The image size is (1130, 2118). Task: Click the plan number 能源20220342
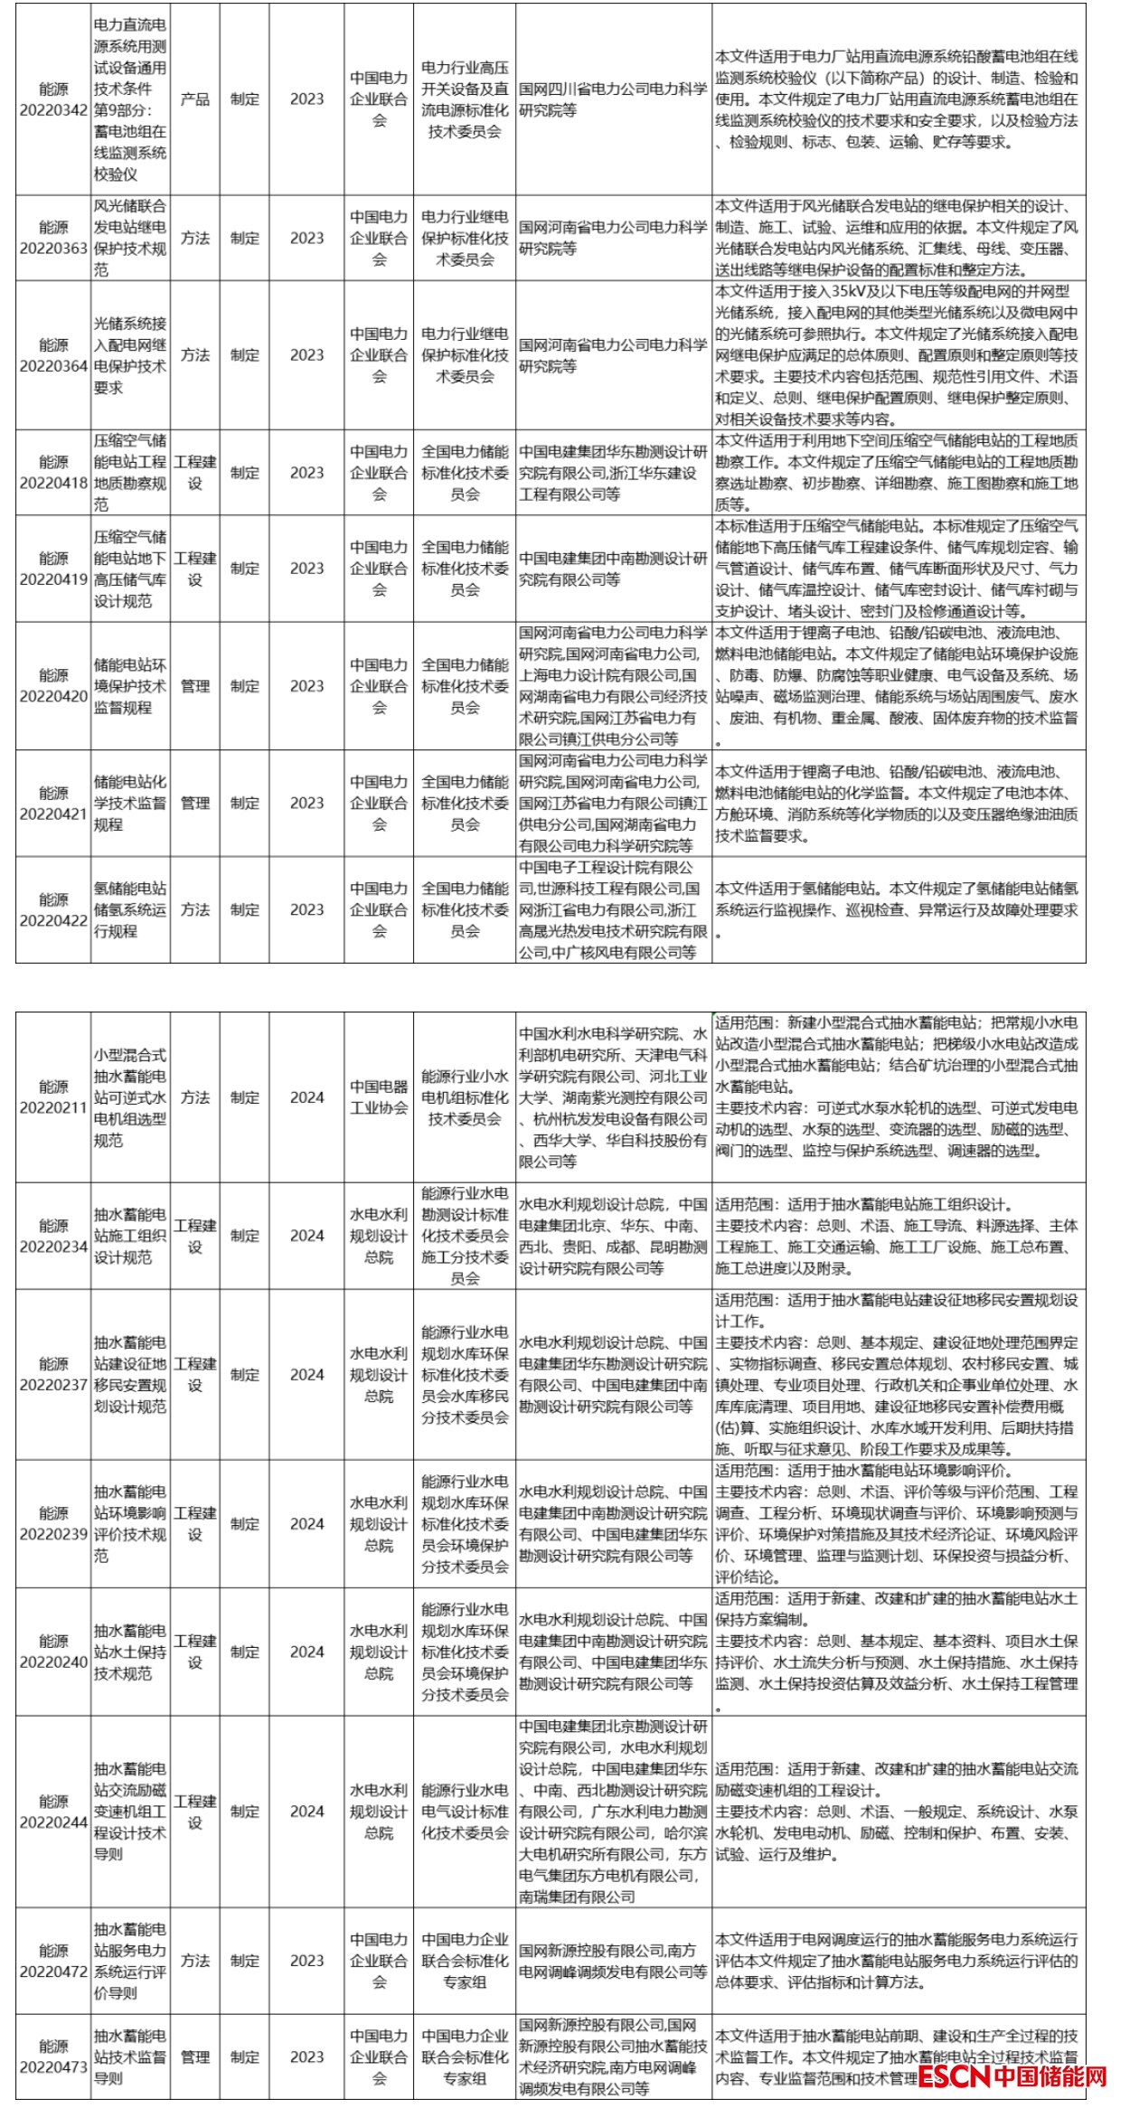(53, 99)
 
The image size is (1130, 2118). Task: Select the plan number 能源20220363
(53, 238)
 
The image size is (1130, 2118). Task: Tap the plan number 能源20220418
(53, 472)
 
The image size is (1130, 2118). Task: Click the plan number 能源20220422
(53, 909)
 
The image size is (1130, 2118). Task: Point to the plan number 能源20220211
(53, 1097)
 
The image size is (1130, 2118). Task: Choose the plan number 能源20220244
(53, 1811)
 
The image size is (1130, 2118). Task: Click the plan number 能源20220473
(53, 2057)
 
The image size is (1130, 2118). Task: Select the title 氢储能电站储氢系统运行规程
(130, 909)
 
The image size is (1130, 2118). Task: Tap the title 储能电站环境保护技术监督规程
(130, 685)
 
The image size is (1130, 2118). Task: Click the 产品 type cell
(194, 99)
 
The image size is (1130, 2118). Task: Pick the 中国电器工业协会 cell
(379, 1097)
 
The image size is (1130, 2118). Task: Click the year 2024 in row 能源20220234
(306, 1236)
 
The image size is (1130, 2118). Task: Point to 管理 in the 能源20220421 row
(194, 803)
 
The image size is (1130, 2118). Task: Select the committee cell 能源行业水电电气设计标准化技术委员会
(465, 1811)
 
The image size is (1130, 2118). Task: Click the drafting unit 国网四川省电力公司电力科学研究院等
(613, 99)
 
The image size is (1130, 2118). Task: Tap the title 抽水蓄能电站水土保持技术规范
(130, 1652)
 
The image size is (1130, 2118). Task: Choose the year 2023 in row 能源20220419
(306, 568)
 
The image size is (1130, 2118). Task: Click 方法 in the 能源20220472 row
(194, 1960)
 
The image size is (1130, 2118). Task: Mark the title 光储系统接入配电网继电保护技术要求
(130, 355)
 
